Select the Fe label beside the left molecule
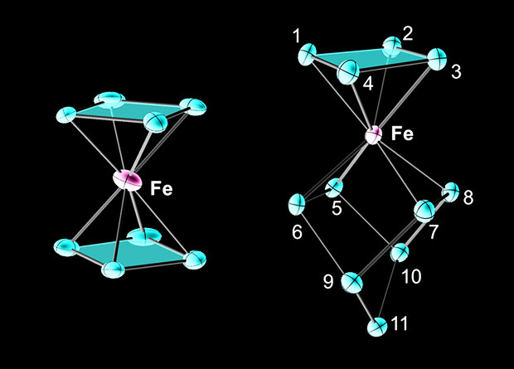[162, 190]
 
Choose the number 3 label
[455, 72]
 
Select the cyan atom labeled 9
[354, 281]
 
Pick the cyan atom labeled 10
[400, 251]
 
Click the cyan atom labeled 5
[334, 187]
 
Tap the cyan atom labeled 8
[452, 190]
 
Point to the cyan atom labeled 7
[423, 208]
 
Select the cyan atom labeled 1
[307, 56]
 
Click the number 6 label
[297, 231]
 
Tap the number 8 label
[468, 198]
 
